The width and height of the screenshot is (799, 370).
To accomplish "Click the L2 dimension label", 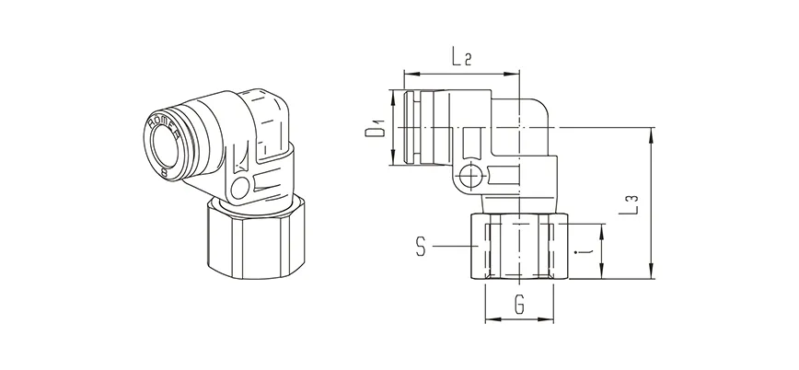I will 462,60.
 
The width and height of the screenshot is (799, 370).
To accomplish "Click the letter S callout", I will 420,246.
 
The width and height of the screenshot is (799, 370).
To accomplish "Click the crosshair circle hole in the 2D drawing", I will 472,176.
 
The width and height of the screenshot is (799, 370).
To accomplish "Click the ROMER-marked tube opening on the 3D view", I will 169,140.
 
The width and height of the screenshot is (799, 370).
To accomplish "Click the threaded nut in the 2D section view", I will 520,249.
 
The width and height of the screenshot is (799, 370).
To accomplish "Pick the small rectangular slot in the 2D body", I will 472,144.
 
